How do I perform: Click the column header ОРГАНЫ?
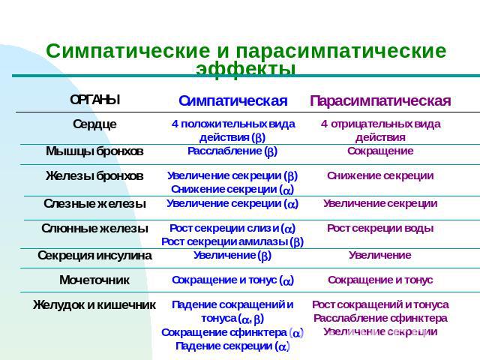95,100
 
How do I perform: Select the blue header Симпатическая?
233,100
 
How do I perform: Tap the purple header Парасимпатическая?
380,100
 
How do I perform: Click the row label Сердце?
94,124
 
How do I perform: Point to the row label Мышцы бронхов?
94,151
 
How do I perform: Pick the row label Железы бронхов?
94,176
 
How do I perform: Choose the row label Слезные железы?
94,203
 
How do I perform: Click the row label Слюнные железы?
94,228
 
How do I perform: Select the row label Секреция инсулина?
94,255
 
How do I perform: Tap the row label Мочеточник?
94,280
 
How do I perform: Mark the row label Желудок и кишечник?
94,305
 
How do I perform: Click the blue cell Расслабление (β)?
232,151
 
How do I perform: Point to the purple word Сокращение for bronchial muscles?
380,151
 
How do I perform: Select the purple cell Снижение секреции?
380,175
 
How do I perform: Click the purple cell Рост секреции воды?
380,228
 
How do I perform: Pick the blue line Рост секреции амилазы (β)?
232,241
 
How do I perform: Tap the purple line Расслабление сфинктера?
380,318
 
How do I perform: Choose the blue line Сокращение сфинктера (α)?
232,332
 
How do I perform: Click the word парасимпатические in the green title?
341,51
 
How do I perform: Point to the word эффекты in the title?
246,69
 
